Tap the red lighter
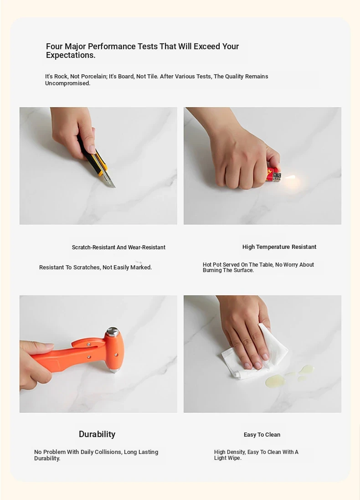273,175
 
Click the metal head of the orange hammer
112,332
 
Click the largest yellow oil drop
275,381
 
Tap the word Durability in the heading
97,434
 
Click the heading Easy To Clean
262,435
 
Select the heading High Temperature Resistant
279,247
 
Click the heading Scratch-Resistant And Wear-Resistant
118,247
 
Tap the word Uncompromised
67,83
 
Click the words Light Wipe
227,458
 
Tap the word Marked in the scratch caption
140,267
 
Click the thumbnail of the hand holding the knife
98,166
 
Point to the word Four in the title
54,46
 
